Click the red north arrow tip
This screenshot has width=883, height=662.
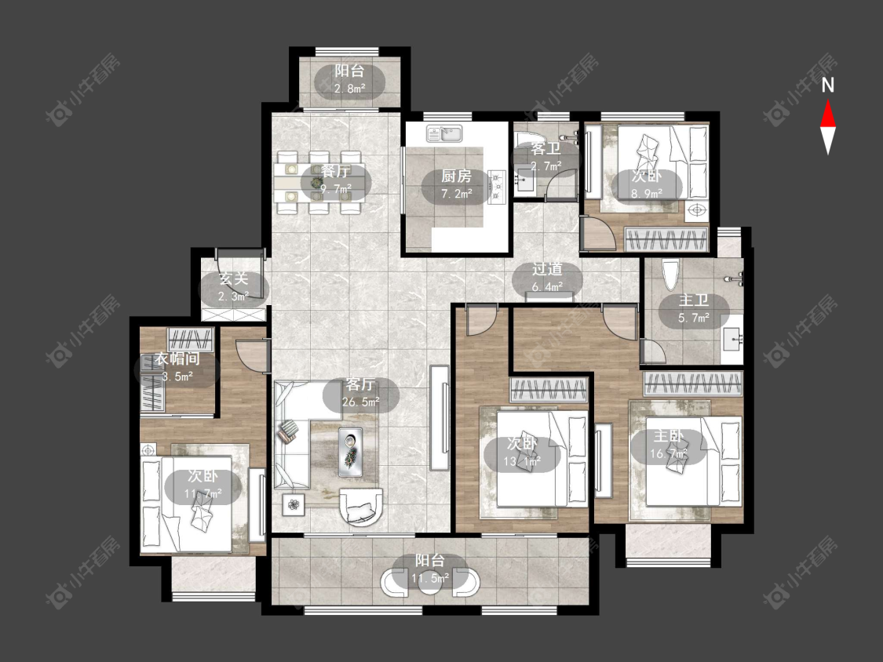pyautogui.click(x=828, y=100)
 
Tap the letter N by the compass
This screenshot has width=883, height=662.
pyautogui.click(x=828, y=85)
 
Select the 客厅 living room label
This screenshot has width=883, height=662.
pyautogui.click(x=360, y=384)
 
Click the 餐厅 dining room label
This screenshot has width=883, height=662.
pyautogui.click(x=336, y=172)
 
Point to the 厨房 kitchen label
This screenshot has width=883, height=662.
pyautogui.click(x=456, y=176)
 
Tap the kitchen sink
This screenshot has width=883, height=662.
pyautogui.click(x=444, y=134)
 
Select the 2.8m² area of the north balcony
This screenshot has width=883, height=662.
pyautogui.click(x=350, y=89)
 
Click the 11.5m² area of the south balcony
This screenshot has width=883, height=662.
pyautogui.click(x=430, y=578)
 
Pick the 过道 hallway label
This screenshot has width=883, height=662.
pyautogui.click(x=547, y=269)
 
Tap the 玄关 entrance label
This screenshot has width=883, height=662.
pyautogui.click(x=234, y=278)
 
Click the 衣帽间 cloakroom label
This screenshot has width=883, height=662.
pyautogui.click(x=177, y=358)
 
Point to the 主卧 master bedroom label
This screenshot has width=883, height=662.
pyautogui.click(x=669, y=435)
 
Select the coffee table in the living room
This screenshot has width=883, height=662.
pyautogui.click(x=350, y=453)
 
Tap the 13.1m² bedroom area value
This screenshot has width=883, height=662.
pyautogui.click(x=522, y=462)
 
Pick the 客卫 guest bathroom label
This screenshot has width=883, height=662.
pyautogui.click(x=546, y=148)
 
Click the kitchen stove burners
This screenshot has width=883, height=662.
pyautogui.click(x=498, y=186)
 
